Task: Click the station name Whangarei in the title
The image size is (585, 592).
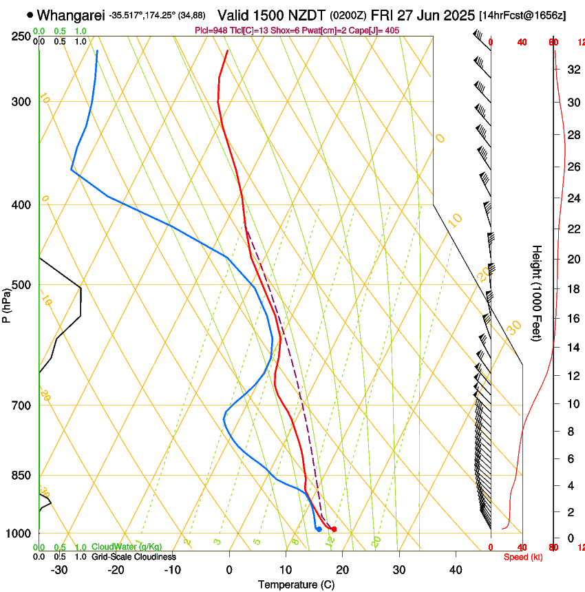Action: [71, 14]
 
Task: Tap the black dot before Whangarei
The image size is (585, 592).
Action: [30, 14]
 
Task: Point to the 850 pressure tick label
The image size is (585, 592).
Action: [21, 476]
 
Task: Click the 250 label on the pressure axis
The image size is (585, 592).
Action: [21, 36]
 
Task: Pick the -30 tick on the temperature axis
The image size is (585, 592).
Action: [59, 569]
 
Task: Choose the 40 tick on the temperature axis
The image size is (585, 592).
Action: [456, 569]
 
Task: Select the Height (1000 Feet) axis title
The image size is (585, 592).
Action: [537, 293]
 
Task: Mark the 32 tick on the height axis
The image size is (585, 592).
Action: [573, 70]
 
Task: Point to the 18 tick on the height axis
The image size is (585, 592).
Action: [573, 289]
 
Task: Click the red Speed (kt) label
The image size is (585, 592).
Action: [523, 557]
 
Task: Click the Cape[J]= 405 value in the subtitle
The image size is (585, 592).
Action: [376, 30]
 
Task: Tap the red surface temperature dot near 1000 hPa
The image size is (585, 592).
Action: [334, 529]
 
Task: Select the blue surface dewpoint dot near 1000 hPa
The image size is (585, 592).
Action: [318, 529]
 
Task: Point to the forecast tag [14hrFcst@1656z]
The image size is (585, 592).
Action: [523, 15]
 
